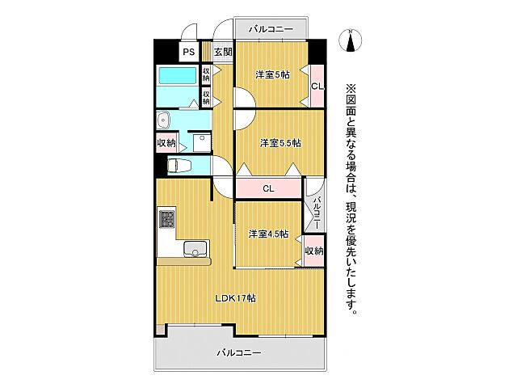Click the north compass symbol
(x=351, y=39)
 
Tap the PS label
(x=188, y=52)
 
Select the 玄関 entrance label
(x=223, y=52)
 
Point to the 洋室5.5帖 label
(x=280, y=143)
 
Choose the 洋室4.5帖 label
(x=267, y=234)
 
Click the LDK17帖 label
(x=235, y=297)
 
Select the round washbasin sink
(x=164, y=120)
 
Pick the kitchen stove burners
(x=167, y=218)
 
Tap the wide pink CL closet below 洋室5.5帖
(x=269, y=188)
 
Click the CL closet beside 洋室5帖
(x=317, y=86)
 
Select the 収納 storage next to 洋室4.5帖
(x=314, y=251)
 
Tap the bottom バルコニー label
(x=238, y=352)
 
